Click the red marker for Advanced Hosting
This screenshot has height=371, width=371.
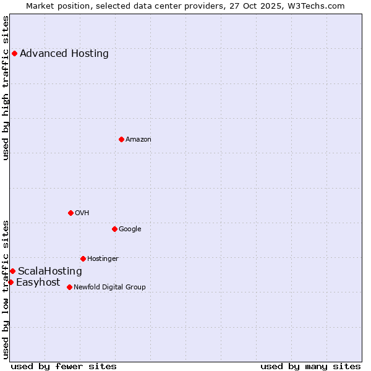tap(14, 53)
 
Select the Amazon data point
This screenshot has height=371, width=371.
tap(121, 139)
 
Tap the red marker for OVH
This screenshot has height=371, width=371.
tap(70, 213)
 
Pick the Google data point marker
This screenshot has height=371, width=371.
tap(114, 229)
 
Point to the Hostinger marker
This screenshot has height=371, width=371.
tap(83, 258)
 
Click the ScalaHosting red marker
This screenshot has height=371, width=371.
tap(12, 271)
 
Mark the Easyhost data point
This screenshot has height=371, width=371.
tap(11, 282)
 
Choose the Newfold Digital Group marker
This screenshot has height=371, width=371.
tap(69, 287)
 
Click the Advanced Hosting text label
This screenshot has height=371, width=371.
tap(64, 53)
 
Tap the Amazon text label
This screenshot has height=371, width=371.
tap(139, 140)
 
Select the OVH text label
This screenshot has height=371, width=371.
tap(82, 213)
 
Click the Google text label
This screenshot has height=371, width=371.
tap(130, 229)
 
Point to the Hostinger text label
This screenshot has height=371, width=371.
tap(103, 258)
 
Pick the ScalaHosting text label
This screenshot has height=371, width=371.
tap(50, 271)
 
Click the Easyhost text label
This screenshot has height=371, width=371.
tap(38, 283)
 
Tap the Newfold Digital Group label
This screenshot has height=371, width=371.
tap(109, 287)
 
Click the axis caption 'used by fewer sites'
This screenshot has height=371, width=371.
tap(64, 366)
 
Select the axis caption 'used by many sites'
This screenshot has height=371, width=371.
tap(310, 366)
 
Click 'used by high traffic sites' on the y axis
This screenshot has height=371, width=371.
tap(6, 88)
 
